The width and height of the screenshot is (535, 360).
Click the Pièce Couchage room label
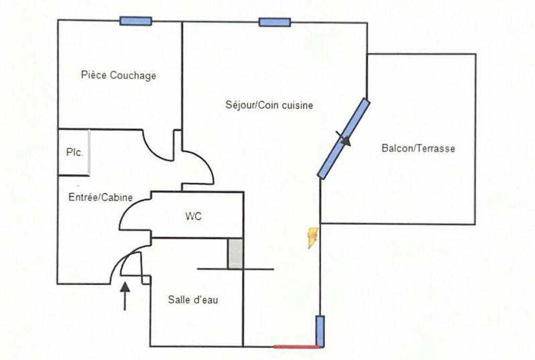(x=118, y=76)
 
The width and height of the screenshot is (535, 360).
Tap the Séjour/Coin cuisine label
(x=270, y=105)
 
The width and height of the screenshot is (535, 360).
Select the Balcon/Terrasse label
(x=418, y=149)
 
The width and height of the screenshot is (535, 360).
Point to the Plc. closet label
(x=74, y=153)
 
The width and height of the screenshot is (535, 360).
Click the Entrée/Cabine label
(x=100, y=197)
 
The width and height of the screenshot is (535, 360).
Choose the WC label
(x=193, y=216)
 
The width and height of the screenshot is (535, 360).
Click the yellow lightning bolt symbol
(x=312, y=238)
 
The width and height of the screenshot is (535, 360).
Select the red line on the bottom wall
(x=296, y=347)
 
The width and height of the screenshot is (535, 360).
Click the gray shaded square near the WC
(x=235, y=254)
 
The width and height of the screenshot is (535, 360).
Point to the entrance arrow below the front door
(x=124, y=296)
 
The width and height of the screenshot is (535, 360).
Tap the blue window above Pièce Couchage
(x=136, y=21)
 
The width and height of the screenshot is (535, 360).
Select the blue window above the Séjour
(x=274, y=22)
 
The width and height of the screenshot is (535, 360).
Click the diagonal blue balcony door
(x=343, y=139)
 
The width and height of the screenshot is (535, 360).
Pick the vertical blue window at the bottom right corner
(x=320, y=331)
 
